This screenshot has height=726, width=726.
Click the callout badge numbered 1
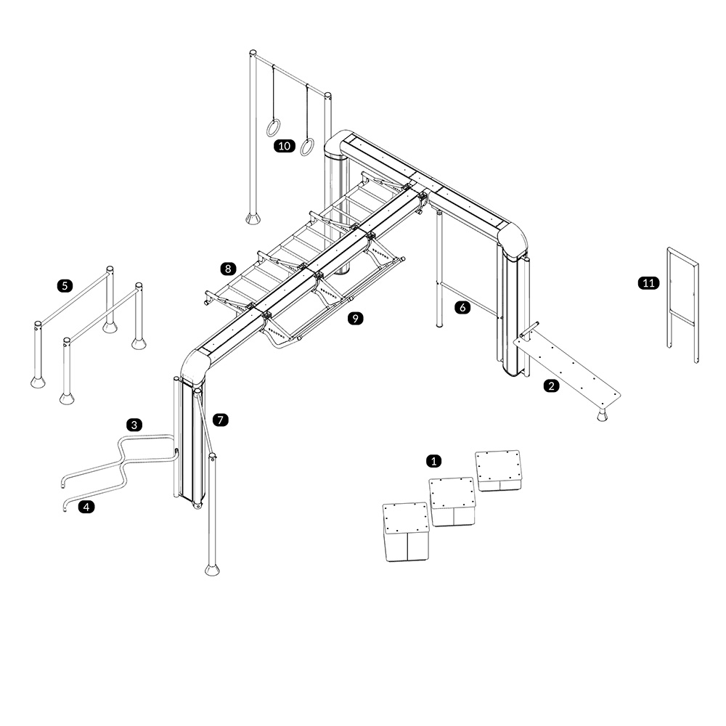pyautogui.click(x=434, y=461)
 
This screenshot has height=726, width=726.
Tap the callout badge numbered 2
pyautogui.click(x=552, y=386)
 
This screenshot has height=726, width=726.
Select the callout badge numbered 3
pyautogui.click(x=134, y=425)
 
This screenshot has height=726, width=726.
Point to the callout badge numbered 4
pyautogui.click(x=86, y=507)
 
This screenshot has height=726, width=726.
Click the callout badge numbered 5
pyautogui.click(x=65, y=285)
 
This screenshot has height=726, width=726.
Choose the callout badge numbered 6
pyautogui.click(x=463, y=308)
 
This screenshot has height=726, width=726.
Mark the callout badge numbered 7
pyautogui.click(x=221, y=420)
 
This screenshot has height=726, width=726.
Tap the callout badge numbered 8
pyautogui.click(x=228, y=269)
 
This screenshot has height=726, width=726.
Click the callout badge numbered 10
pyautogui.click(x=284, y=147)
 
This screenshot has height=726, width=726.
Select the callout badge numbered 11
pyautogui.click(x=648, y=283)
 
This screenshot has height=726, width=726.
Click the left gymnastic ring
pyautogui.click(x=273, y=129)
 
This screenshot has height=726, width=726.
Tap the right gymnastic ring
pyautogui.click(x=308, y=147)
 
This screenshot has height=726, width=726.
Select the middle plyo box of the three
pyautogui.click(x=453, y=502)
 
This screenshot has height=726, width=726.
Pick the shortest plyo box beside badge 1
pyautogui.click(x=499, y=470)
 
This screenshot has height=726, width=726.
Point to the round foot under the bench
pyautogui.click(x=602, y=416)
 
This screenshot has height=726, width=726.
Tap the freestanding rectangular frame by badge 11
pyautogui.click(x=682, y=305)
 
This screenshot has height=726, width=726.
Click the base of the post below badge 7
pyautogui.click(x=213, y=568)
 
